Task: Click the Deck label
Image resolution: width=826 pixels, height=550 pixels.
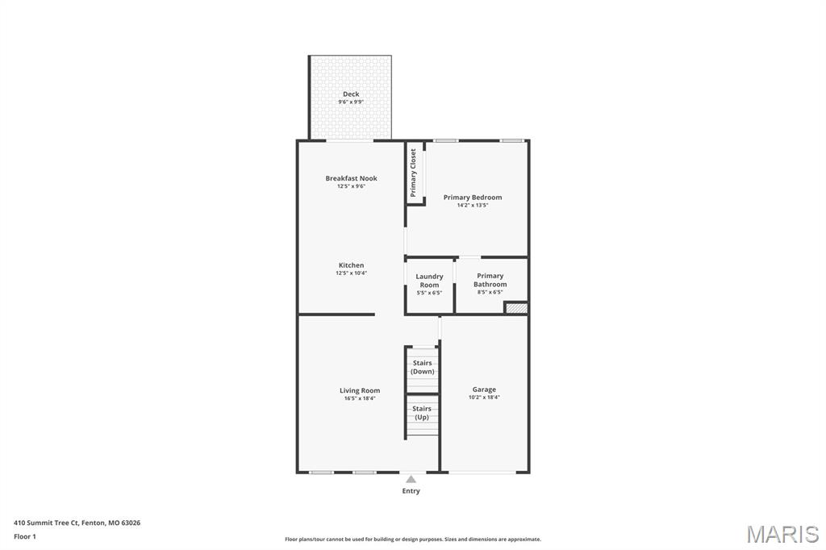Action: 351,94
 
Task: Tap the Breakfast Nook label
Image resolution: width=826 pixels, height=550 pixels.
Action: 351,178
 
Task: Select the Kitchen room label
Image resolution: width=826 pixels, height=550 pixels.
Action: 351,265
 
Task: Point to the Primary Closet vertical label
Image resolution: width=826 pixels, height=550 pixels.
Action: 413,173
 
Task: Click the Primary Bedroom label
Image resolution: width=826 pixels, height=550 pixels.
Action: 473,198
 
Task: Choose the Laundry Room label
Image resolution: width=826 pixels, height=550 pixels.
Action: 429,281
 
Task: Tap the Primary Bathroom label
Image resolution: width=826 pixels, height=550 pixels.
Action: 490,280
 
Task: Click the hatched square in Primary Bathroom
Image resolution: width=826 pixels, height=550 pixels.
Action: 516,308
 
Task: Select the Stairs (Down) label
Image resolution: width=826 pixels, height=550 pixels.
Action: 422,367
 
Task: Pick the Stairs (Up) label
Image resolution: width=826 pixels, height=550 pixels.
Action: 422,413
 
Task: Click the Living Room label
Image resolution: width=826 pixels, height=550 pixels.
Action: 360,390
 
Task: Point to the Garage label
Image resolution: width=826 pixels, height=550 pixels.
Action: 484,390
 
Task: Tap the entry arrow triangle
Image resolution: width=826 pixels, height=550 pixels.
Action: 411,479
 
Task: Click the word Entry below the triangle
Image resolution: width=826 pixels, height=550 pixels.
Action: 411,490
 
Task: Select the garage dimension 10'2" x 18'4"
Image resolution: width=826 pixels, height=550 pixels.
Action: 484,398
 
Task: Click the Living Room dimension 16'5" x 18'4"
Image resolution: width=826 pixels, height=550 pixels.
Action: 360,398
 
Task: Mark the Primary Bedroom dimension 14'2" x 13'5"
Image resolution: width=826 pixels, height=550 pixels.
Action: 473,206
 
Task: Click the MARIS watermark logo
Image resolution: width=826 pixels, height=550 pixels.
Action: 782,534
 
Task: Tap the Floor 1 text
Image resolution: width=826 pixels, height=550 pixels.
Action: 25,536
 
